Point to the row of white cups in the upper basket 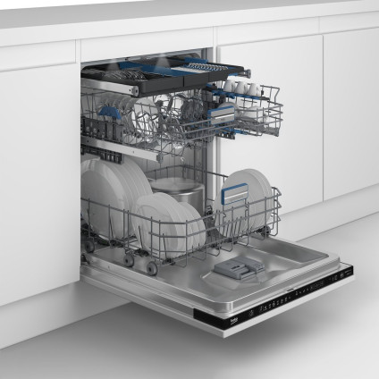[242, 88]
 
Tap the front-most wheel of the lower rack [151, 267]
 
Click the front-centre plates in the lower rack [170, 223]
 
